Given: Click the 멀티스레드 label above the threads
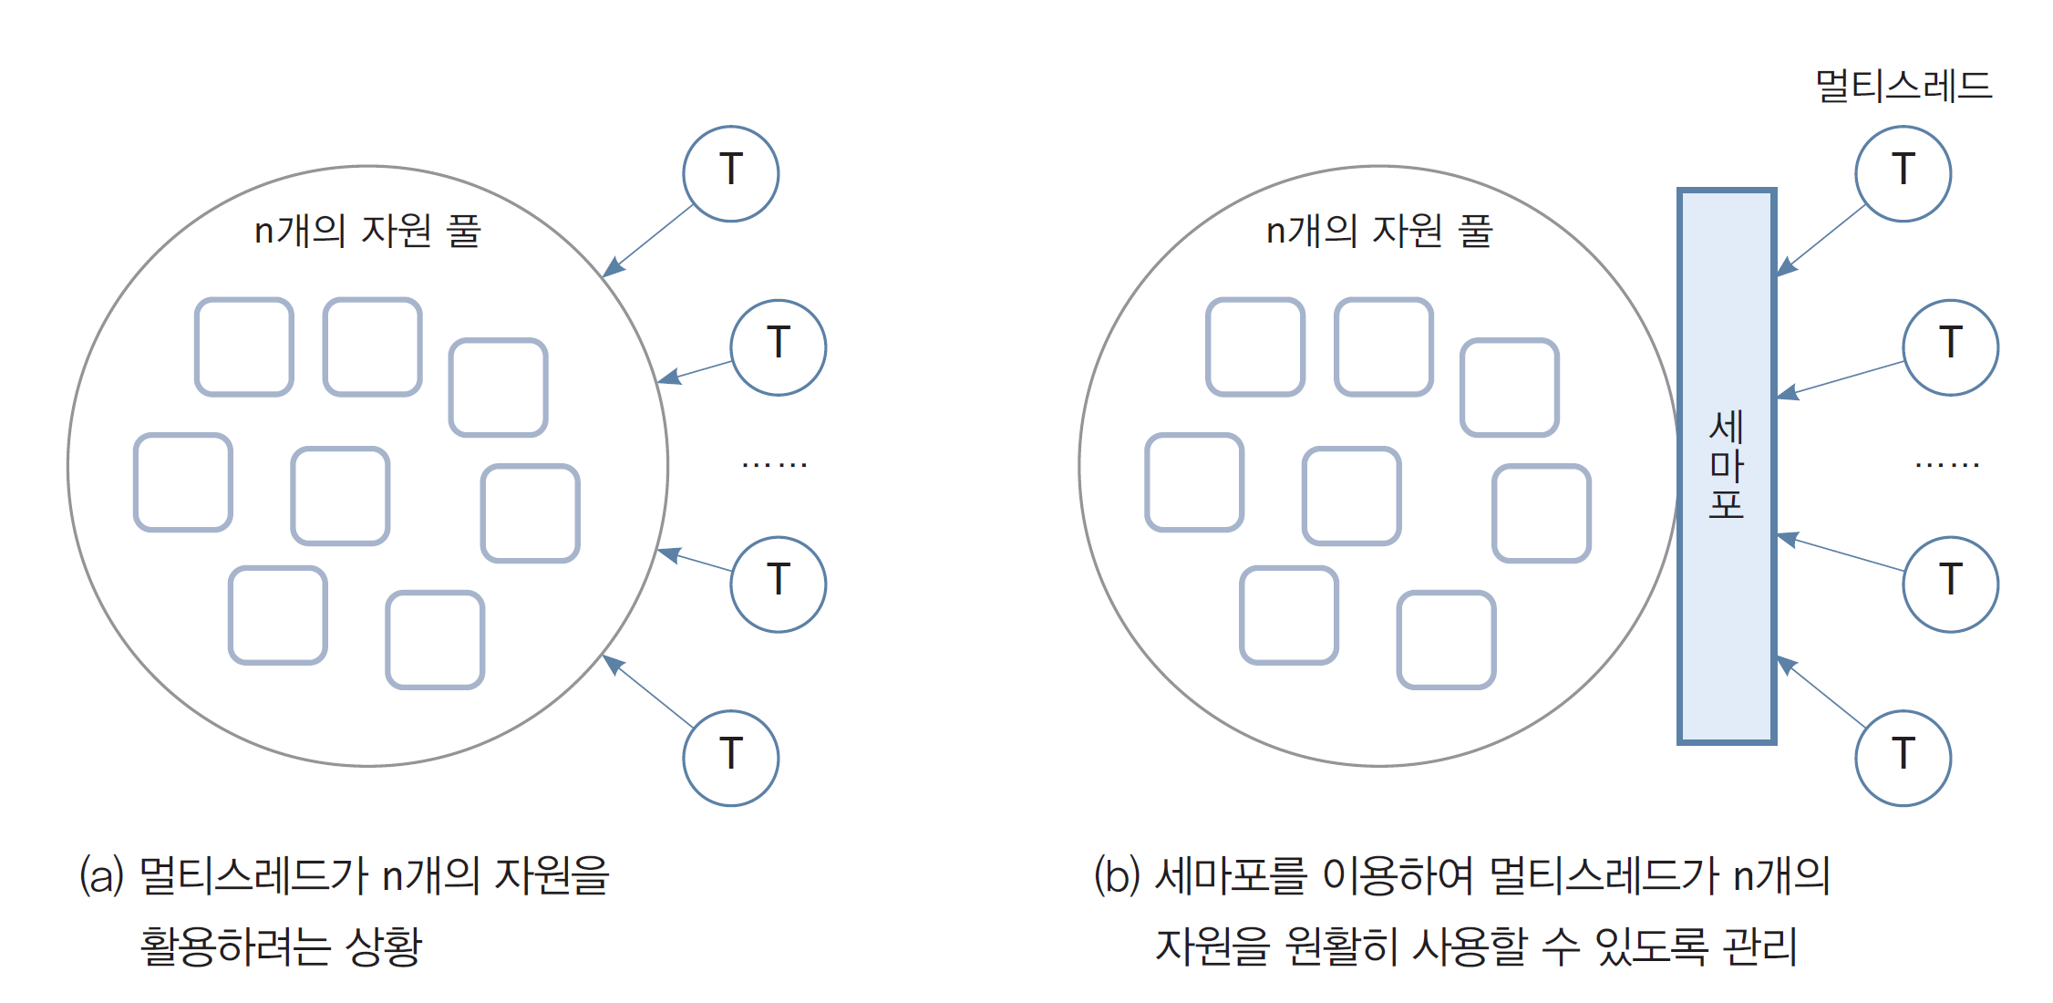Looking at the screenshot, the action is [1903, 87].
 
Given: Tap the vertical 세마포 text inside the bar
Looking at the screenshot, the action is [1726, 465].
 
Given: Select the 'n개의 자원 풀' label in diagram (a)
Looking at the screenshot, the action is [366, 231].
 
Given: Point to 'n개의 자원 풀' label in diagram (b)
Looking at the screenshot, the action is [1378, 231].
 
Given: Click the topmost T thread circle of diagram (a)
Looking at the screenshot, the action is [730, 173].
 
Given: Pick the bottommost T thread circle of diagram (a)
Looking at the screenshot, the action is [730, 758].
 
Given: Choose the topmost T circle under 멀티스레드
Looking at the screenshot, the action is [1903, 173].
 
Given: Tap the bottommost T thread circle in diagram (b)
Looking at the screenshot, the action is [1903, 758].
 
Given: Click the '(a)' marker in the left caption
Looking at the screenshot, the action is [101, 876].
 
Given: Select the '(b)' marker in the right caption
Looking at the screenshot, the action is [1117, 876].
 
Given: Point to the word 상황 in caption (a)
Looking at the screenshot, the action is [384, 946].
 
